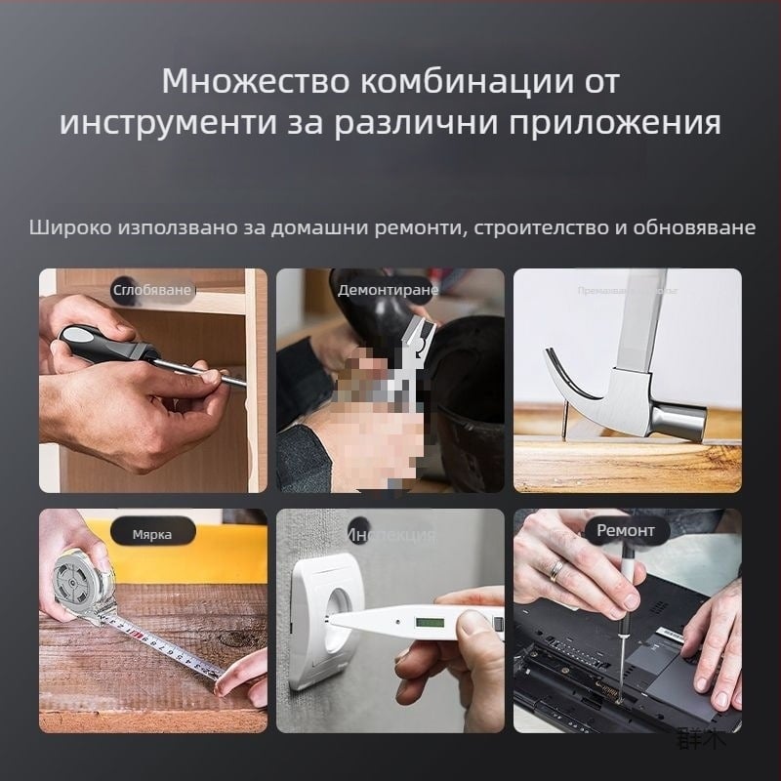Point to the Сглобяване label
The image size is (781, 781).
(150, 290)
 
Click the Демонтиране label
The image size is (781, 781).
(388, 290)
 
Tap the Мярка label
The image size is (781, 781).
(152, 534)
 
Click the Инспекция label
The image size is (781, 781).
(391, 534)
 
